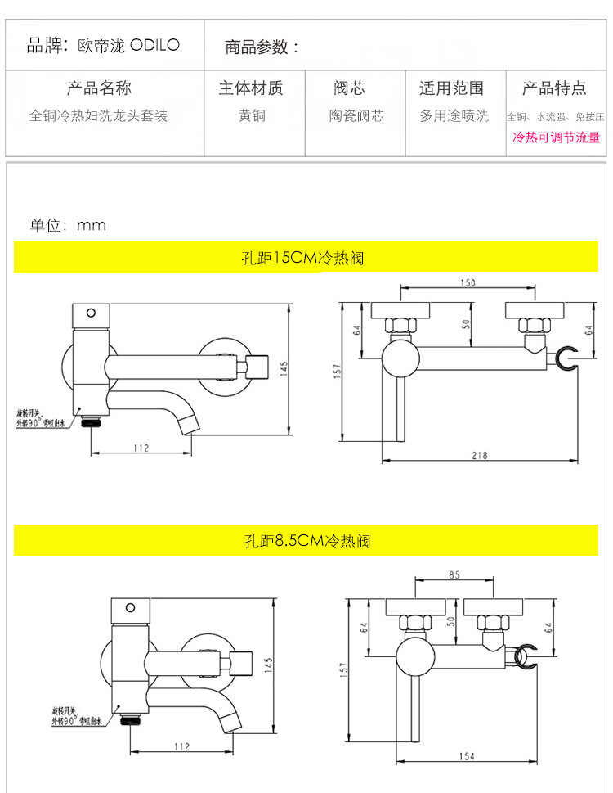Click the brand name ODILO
[154, 45]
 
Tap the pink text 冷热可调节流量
[556, 137]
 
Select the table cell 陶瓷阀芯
[356, 116]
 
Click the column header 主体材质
[251, 88]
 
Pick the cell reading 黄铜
[252, 116]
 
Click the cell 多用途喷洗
[454, 116]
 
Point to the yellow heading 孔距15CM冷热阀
[306, 259]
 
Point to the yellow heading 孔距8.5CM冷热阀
[306, 541]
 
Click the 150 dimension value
[467, 283]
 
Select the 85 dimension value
[455, 574]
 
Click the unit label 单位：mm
[68, 225]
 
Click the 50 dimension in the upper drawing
[467, 324]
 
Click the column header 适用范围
[451, 88]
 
